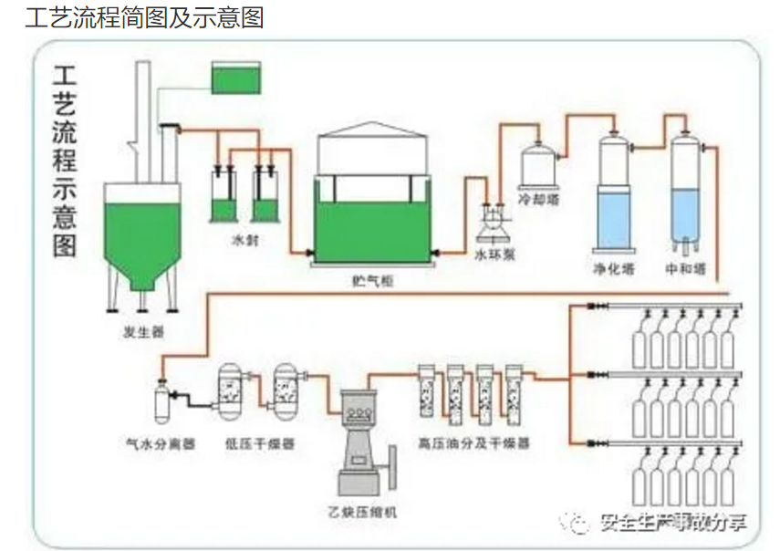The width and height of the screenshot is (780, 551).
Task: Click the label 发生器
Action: (x=143, y=330)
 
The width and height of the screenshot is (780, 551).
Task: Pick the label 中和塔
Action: (x=686, y=268)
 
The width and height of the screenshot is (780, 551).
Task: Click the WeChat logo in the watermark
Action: (x=581, y=522)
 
